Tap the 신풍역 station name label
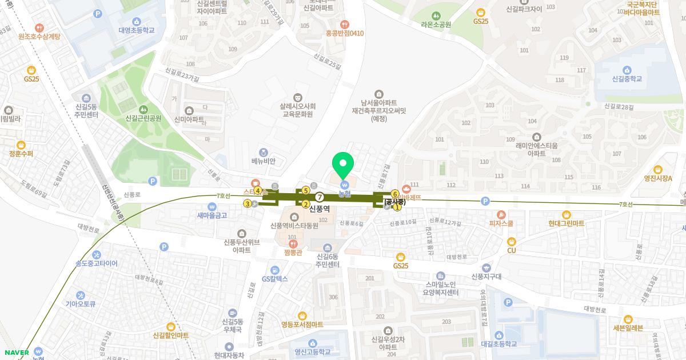[x=320, y=209]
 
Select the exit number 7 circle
[x=320, y=196]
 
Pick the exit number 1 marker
[x=398, y=207]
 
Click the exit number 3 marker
[x=248, y=203]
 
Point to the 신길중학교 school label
[x=619, y=79]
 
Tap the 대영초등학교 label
[x=137, y=30]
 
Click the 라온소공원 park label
[x=436, y=25]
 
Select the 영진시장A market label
[x=657, y=178]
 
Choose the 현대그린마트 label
[x=566, y=223]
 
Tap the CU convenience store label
[x=511, y=250]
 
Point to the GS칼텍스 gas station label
[x=275, y=279]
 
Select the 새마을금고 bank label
[x=212, y=215]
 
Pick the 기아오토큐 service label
[x=80, y=303]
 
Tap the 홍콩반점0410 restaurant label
[x=344, y=33]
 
